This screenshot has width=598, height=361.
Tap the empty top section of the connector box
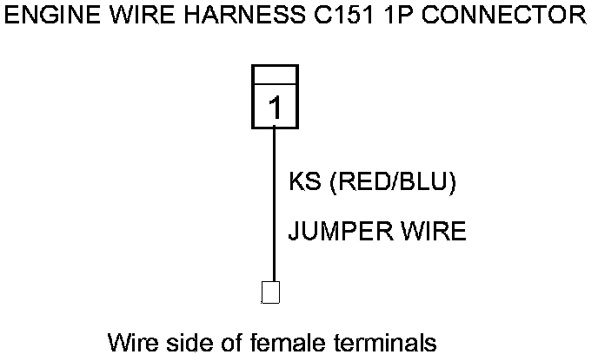[x=275, y=75]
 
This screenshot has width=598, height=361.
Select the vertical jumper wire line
[x=275, y=208]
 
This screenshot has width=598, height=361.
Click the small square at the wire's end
[x=270, y=292]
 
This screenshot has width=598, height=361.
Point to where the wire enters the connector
[x=275, y=128]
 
